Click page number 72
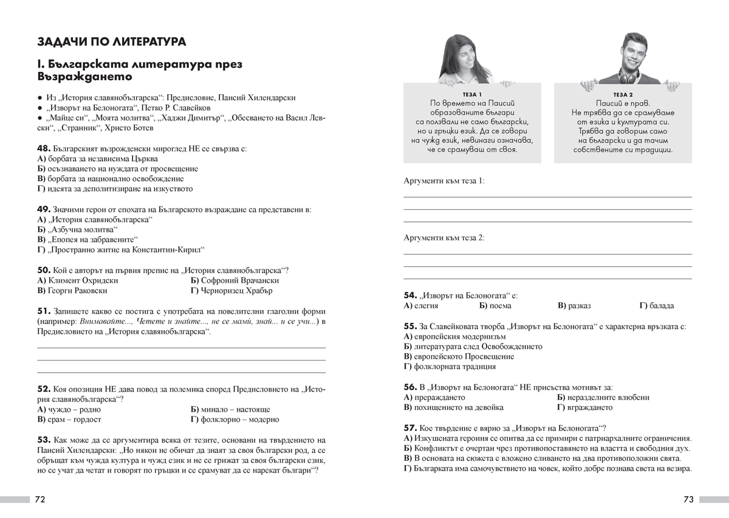click(40, 500)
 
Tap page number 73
click(688, 500)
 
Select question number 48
click(43, 148)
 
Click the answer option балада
click(661, 306)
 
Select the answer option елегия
click(425, 306)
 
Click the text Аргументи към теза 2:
click(444, 238)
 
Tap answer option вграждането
click(589, 407)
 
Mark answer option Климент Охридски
click(82, 281)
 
